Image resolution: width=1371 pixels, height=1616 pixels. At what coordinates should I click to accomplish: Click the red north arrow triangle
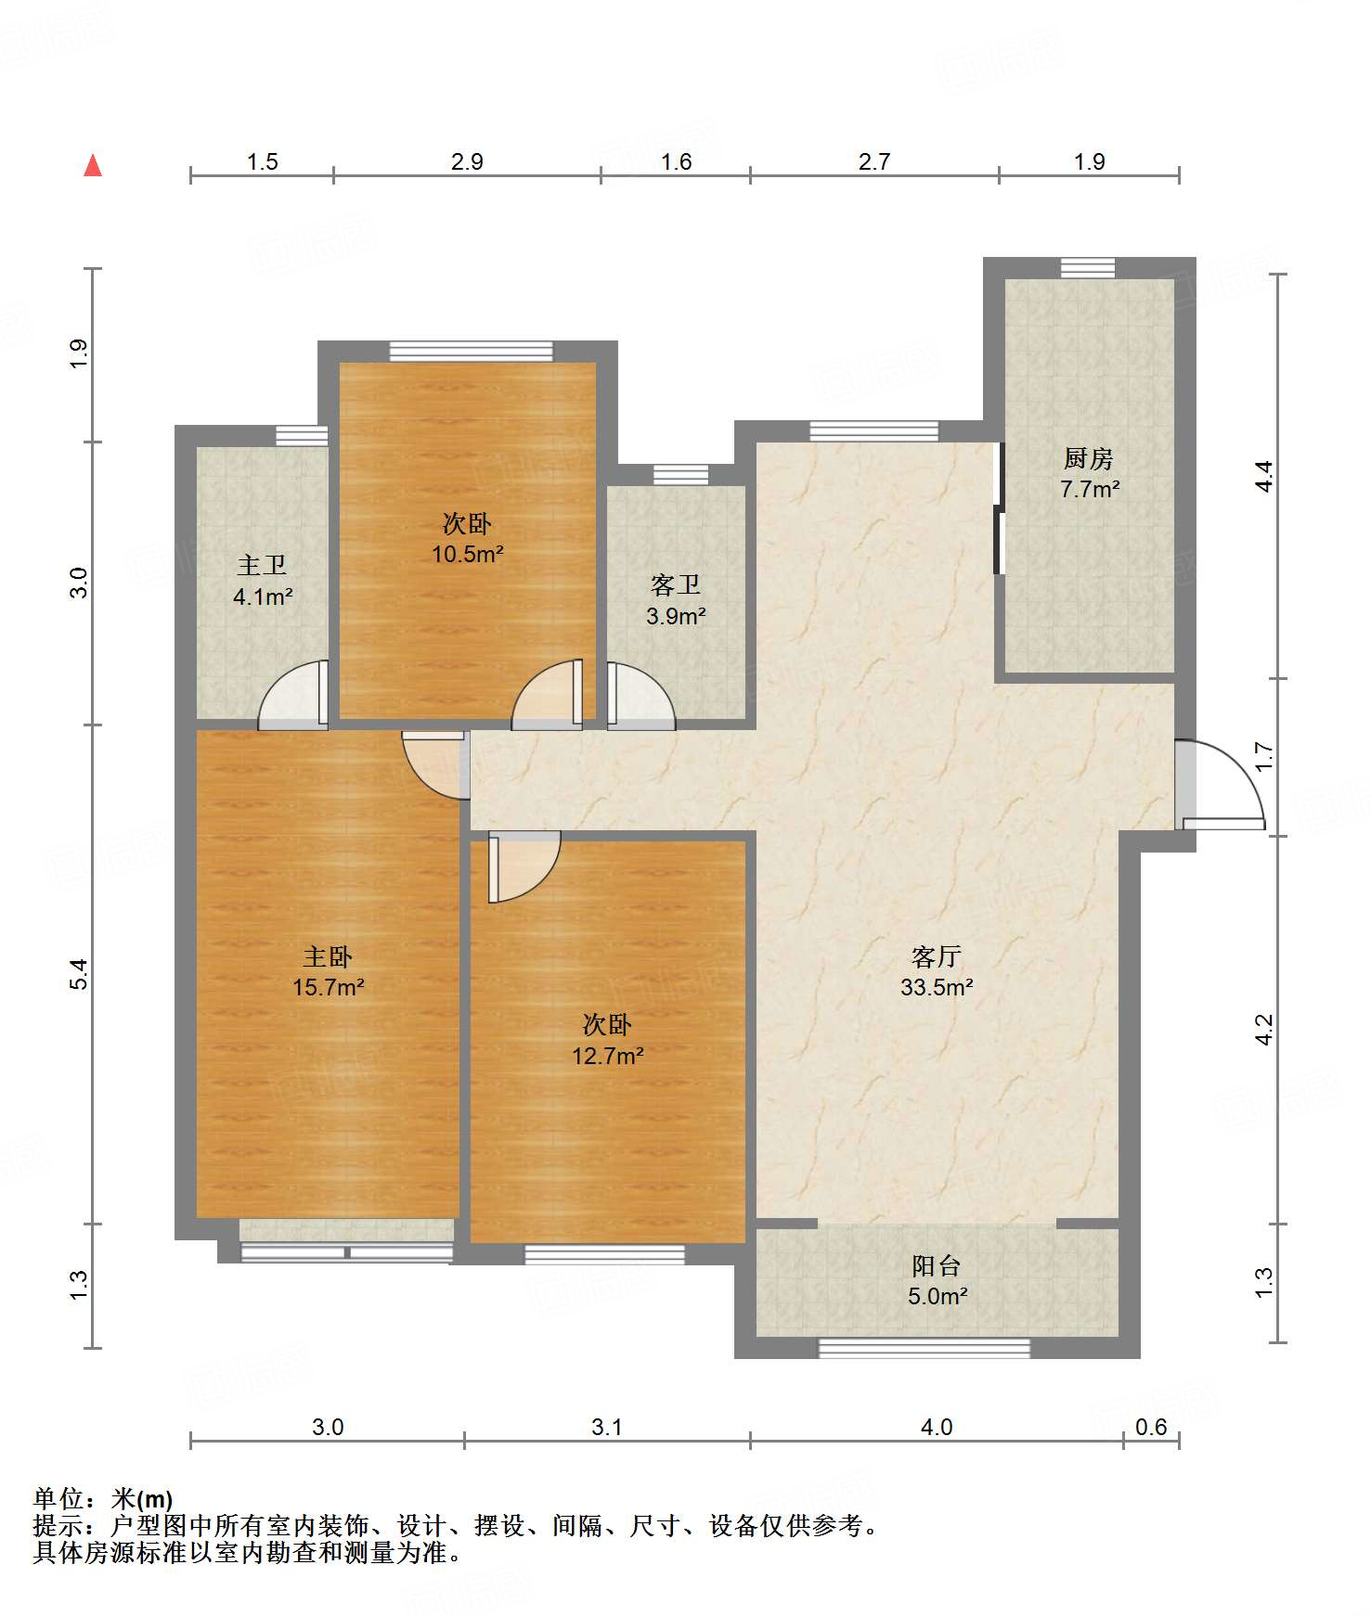click(x=93, y=165)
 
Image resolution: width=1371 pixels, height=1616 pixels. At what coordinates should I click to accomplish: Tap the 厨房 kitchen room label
click(x=1089, y=458)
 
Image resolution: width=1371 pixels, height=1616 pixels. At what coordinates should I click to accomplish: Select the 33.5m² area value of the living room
click(x=937, y=988)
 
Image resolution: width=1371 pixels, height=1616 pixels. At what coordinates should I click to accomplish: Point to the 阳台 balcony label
click(x=937, y=1266)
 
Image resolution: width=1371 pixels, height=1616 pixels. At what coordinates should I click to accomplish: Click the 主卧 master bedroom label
click(x=328, y=956)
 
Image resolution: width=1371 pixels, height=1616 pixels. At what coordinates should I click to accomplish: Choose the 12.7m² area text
click(x=608, y=1056)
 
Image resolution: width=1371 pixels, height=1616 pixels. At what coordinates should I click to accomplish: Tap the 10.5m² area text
click(x=468, y=555)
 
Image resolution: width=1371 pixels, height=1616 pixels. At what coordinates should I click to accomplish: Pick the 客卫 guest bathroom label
click(x=676, y=585)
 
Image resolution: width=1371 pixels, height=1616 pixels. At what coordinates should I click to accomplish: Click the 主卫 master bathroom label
click(x=262, y=565)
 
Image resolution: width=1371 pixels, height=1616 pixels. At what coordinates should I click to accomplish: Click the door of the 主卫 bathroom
click(x=293, y=695)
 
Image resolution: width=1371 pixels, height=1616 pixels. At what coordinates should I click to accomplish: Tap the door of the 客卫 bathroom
click(x=641, y=696)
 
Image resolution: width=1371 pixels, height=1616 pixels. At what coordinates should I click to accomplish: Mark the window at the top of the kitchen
click(x=1088, y=268)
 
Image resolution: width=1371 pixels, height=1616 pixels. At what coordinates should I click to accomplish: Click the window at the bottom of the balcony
click(x=924, y=1348)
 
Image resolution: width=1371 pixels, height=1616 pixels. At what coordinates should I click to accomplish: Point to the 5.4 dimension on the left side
click(x=78, y=974)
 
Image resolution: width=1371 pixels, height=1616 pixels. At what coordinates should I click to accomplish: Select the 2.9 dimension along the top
click(x=467, y=162)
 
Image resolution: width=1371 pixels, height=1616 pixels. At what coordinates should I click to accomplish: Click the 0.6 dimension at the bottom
click(x=1151, y=1427)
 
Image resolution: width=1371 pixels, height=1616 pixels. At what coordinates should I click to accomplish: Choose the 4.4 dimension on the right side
click(x=1264, y=476)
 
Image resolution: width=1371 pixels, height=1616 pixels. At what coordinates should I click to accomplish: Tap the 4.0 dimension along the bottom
click(x=937, y=1427)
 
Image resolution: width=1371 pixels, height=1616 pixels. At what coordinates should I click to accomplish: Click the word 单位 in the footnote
click(x=58, y=1499)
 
